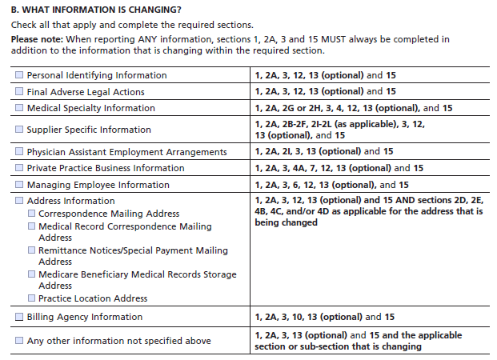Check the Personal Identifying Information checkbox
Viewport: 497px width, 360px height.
pyautogui.click(x=19, y=75)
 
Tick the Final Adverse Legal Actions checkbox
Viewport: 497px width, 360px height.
pyautogui.click(x=19, y=91)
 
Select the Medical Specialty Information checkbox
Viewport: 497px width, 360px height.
pyautogui.click(x=19, y=108)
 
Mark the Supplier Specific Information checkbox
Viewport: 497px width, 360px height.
pyautogui.click(x=19, y=130)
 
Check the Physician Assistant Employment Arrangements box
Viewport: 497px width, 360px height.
pyautogui.click(x=19, y=152)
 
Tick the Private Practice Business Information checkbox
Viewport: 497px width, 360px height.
pyautogui.click(x=19, y=168)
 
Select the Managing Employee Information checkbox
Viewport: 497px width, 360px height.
pyautogui.click(x=19, y=185)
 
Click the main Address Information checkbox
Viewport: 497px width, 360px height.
pyautogui.click(x=19, y=201)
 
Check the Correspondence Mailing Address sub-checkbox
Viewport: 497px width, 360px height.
pyautogui.click(x=31, y=214)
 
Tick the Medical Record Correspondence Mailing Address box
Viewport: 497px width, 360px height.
pyautogui.click(x=31, y=226)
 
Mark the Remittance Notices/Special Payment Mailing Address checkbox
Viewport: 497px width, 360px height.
pyautogui.click(x=31, y=250)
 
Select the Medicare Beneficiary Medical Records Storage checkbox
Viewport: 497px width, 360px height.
pyautogui.click(x=31, y=274)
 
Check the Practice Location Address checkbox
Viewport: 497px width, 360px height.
pyautogui.click(x=31, y=298)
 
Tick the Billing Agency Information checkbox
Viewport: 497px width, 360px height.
pyautogui.click(x=19, y=317)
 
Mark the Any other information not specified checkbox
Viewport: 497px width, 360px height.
pyautogui.click(x=19, y=341)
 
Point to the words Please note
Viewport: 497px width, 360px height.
pyautogui.click(x=35, y=38)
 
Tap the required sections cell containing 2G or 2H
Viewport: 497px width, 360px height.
pyautogui.click(x=353, y=108)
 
